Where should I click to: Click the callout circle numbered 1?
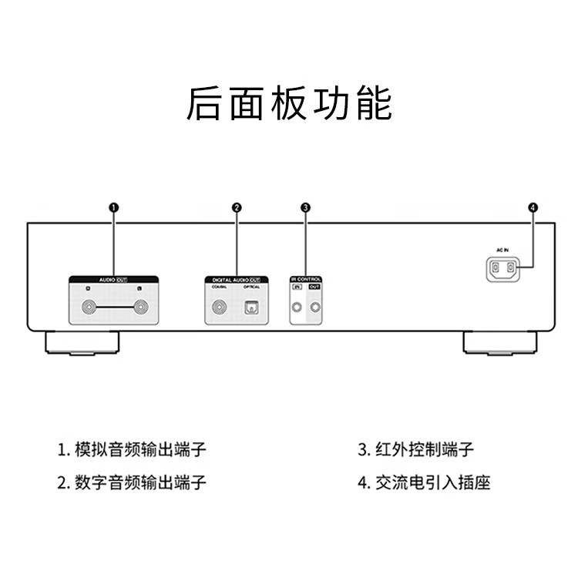(113, 207)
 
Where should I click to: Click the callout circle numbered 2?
(237, 207)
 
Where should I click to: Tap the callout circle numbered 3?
(306, 207)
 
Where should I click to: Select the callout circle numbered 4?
(533, 207)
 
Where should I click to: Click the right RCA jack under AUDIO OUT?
(139, 310)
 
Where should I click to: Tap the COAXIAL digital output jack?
(220, 311)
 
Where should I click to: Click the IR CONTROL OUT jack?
(314, 310)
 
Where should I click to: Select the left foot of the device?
(84, 344)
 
